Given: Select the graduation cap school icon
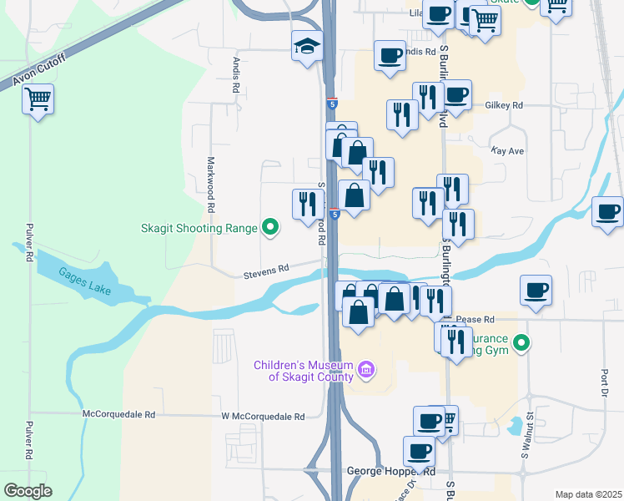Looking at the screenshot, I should tap(307, 48).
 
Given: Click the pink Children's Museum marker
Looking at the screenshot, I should tap(365, 369).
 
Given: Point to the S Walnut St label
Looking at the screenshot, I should tap(526, 443).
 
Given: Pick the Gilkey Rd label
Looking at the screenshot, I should tap(503, 106).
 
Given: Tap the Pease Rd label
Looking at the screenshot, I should tap(476, 319).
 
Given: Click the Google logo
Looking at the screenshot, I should tap(28, 491).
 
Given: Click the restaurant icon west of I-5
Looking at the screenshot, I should tap(307, 203).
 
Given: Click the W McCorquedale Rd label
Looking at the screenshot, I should tap(259, 415).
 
